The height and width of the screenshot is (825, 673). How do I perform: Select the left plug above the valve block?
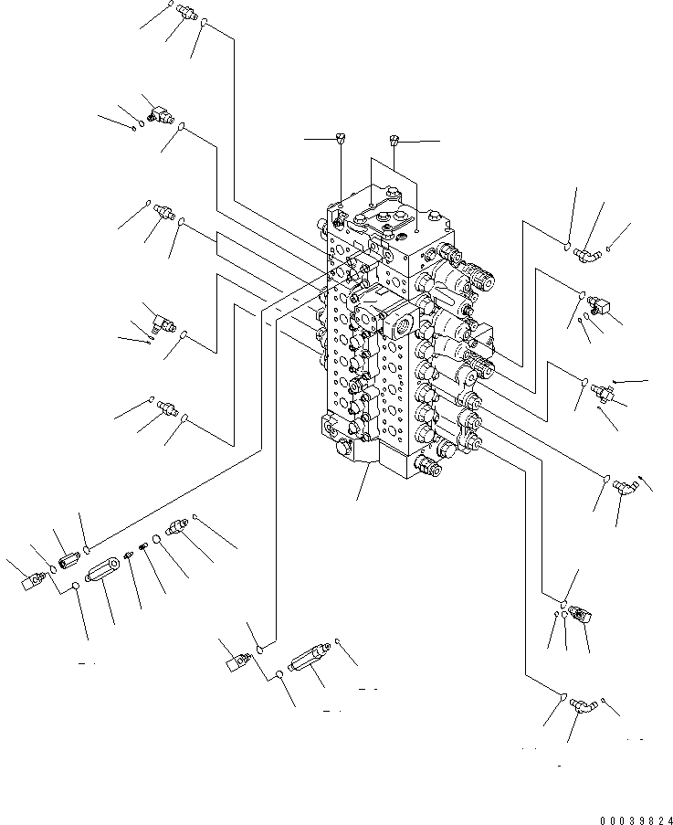[x=341, y=139]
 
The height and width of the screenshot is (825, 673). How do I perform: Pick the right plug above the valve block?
[x=394, y=141]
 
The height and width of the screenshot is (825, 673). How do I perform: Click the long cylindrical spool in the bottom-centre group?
[x=307, y=661]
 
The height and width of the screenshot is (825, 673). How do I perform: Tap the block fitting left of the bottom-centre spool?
[x=238, y=659]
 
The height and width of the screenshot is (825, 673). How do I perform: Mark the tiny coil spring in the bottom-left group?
[x=143, y=547]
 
